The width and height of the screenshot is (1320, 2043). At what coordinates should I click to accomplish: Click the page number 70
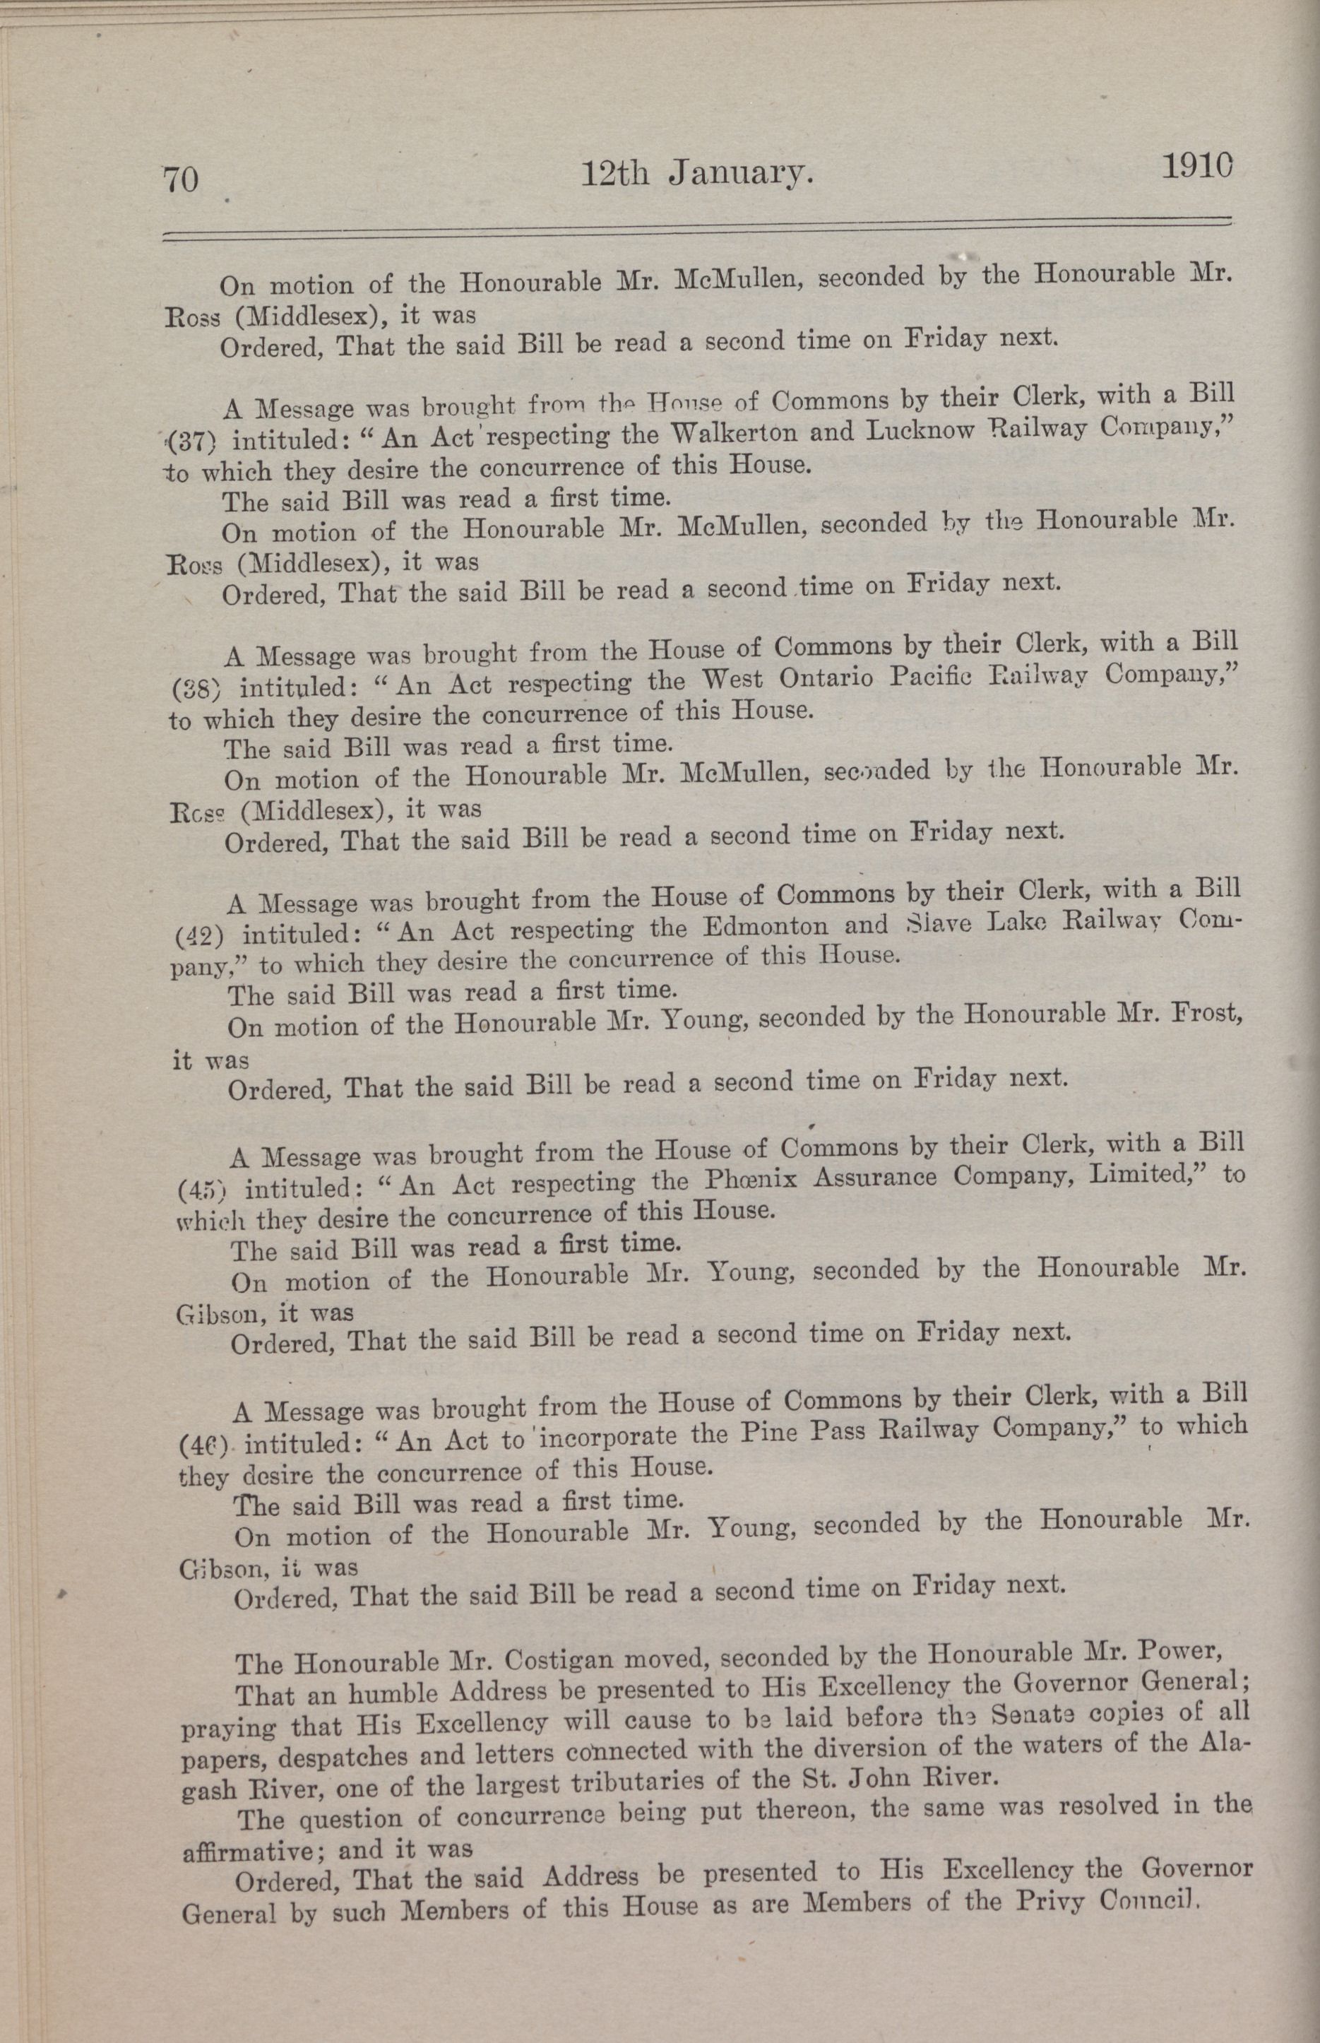[x=180, y=181]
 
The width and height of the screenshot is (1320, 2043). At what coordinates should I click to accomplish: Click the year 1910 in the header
[x=1197, y=166]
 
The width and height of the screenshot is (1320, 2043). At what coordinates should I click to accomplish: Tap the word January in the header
[x=739, y=174]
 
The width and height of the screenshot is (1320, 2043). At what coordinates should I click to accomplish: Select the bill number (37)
[x=193, y=442]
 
